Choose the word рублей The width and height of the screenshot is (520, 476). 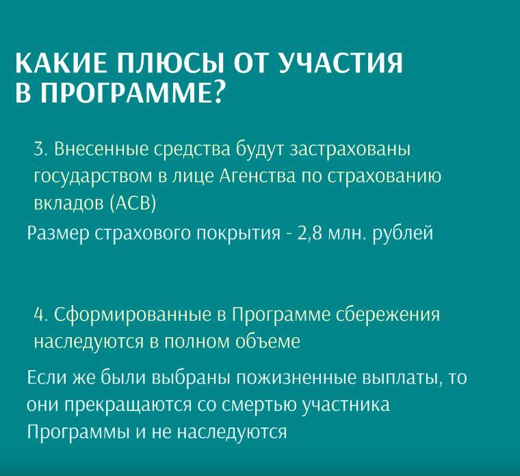click(403, 233)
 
